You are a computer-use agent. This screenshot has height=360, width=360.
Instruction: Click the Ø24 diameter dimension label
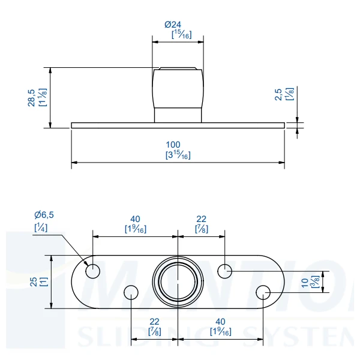click(x=173, y=25)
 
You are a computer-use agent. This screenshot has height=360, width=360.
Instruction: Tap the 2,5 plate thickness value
click(x=278, y=94)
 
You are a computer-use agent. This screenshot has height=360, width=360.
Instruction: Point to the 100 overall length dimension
click(x=174, y=145)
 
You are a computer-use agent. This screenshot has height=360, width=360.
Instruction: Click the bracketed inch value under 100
click(x=178, y=155)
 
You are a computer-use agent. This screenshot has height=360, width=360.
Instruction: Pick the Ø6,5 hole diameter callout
click(x=44, y=215)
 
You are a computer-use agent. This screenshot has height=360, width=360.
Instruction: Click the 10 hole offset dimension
click(x=305, y=281)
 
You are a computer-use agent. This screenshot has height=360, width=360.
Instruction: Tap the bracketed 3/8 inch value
click(x=315, y=281)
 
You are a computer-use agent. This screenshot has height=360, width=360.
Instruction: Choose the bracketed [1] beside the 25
click(x=44, y=281)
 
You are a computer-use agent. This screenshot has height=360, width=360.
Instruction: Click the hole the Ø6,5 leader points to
click(x=93, y=271)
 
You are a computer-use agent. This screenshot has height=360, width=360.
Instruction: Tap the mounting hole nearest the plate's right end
click(x=263, y=292)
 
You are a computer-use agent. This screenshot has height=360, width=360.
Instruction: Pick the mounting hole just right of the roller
click(x=224, y=271)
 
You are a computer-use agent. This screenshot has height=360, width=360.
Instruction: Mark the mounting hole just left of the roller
click(x=131, y=292)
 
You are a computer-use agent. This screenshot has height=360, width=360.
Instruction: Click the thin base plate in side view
click(x=120, y=125)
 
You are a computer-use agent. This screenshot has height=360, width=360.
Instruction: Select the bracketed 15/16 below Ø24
click(x=181, y=35)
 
